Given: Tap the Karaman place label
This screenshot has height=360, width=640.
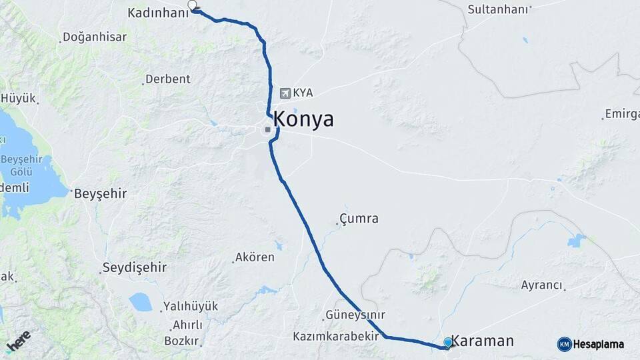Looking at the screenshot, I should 483,341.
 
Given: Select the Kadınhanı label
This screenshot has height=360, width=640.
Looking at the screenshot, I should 157,13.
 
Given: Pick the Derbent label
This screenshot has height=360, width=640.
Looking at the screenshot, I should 167,79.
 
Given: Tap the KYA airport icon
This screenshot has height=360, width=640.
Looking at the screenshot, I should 286,93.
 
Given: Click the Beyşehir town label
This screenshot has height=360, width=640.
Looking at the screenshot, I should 100,193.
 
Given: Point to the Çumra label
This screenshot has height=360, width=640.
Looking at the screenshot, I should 359,219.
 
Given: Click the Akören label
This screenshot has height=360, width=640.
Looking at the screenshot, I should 254,257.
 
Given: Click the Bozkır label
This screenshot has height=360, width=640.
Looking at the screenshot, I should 182,341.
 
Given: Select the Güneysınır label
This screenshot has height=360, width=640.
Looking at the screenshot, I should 355,315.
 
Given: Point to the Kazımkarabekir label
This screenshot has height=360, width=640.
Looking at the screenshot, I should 335,337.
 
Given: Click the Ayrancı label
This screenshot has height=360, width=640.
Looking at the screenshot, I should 541,285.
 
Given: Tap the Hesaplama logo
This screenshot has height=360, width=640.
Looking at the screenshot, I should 591,344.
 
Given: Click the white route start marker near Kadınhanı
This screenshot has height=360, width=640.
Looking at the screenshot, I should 193,5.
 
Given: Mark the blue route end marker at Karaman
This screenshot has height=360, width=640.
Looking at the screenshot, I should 448,343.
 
